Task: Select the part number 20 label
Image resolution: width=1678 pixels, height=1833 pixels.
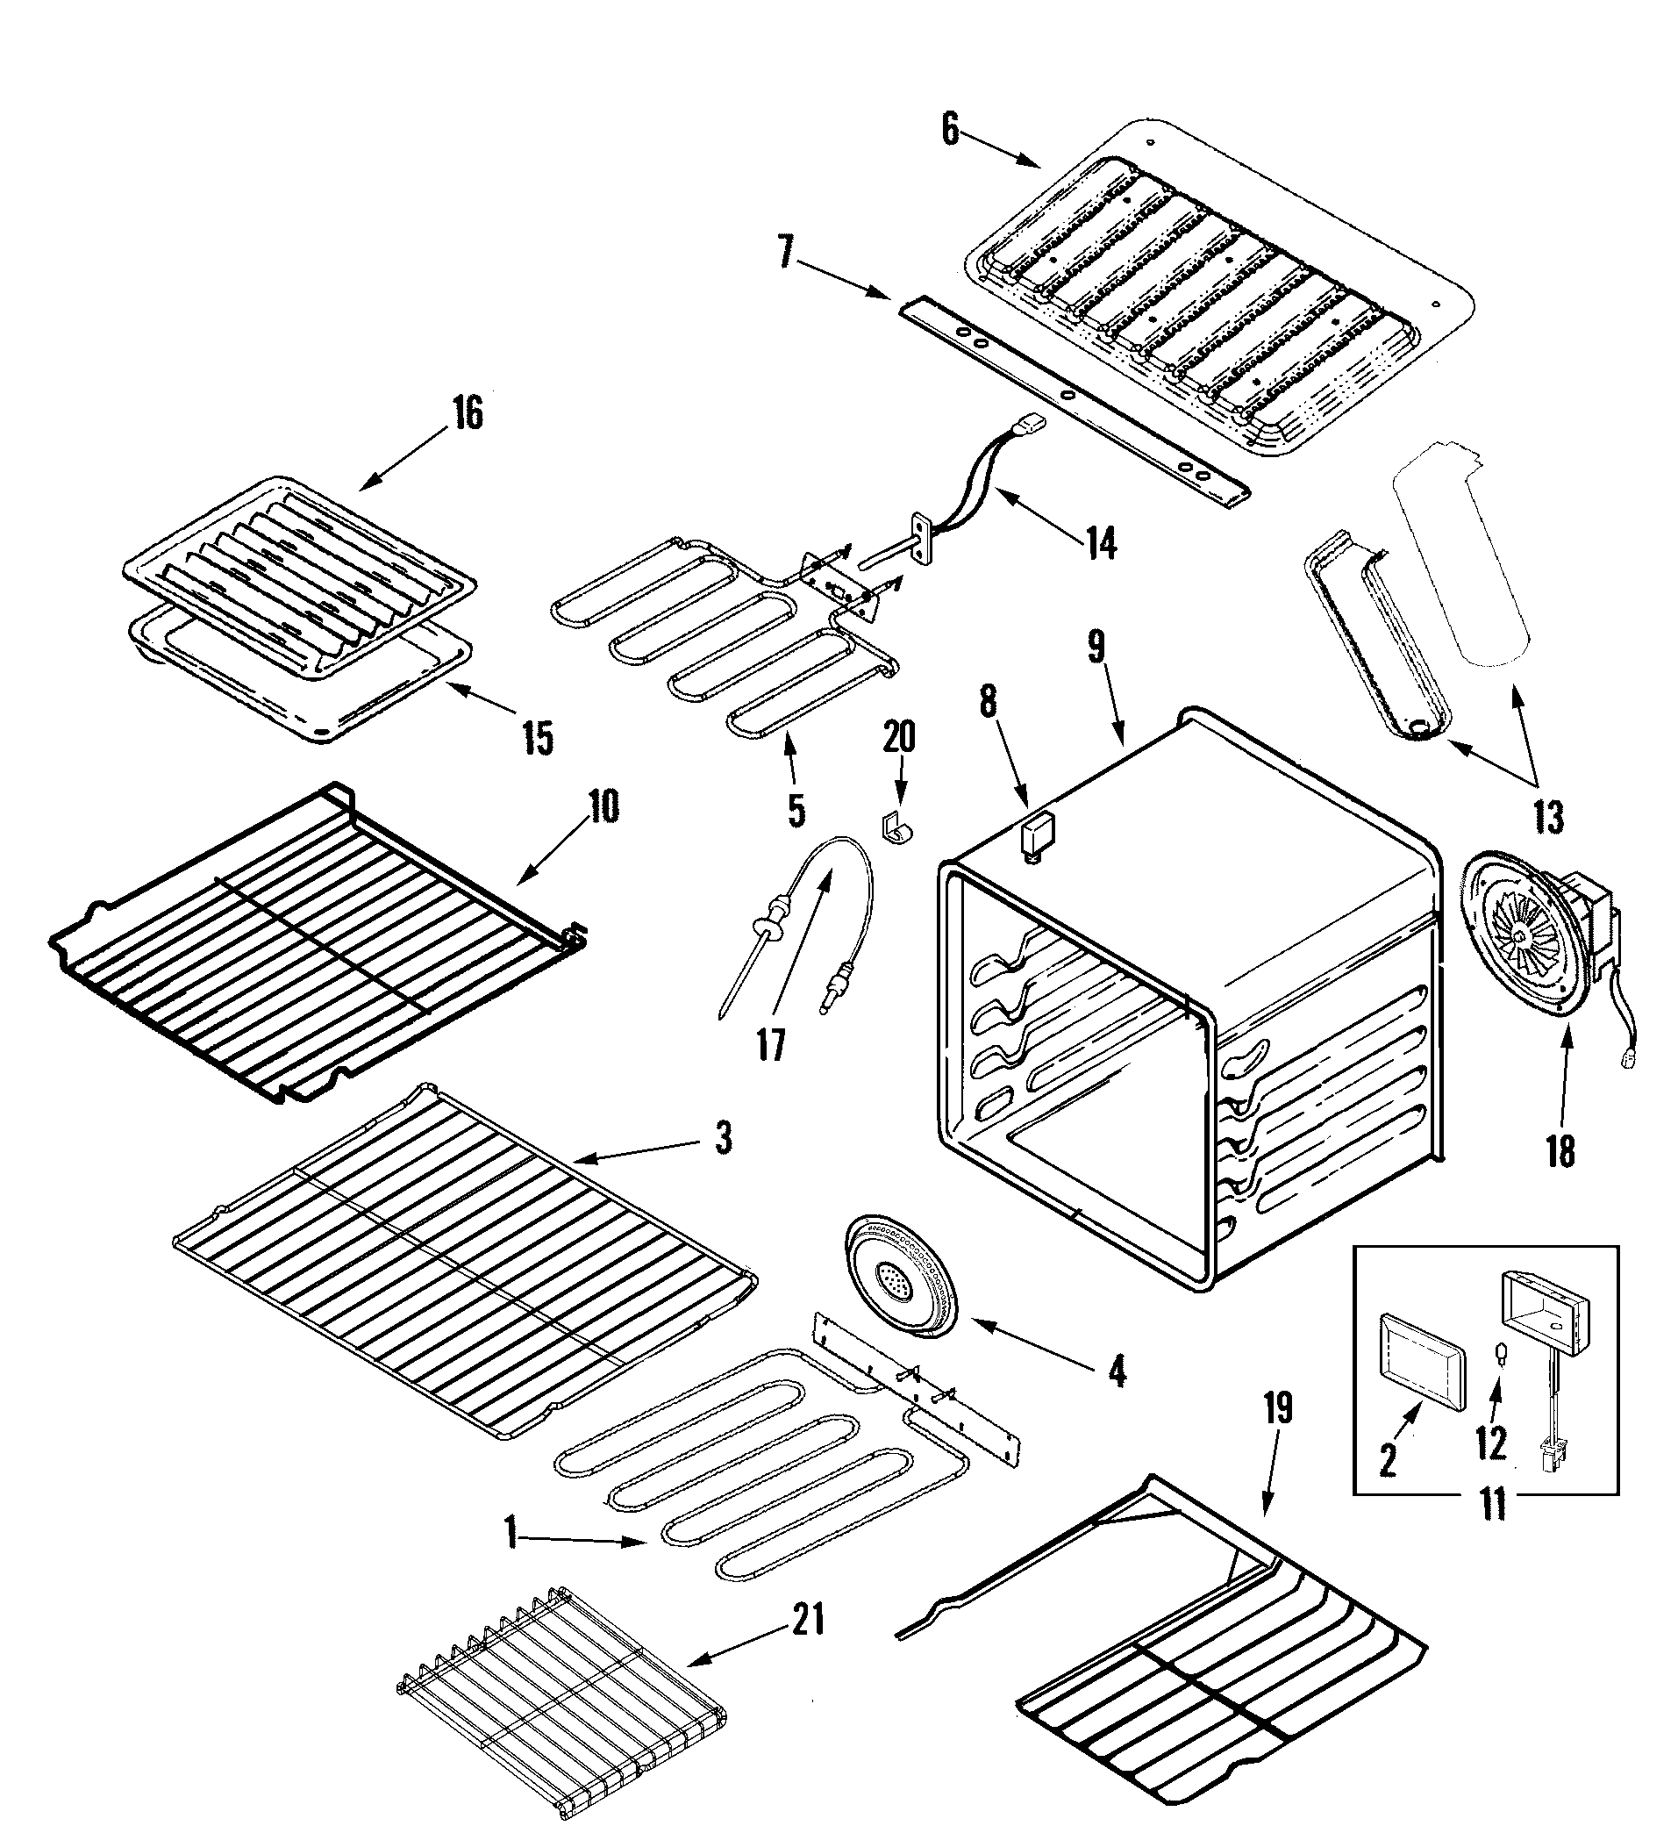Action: [x=898, y=736]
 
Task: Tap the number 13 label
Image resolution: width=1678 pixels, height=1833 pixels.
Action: [x=1548, y=818]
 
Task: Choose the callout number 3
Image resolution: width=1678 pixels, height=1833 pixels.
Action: [x=723, y=1138]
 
